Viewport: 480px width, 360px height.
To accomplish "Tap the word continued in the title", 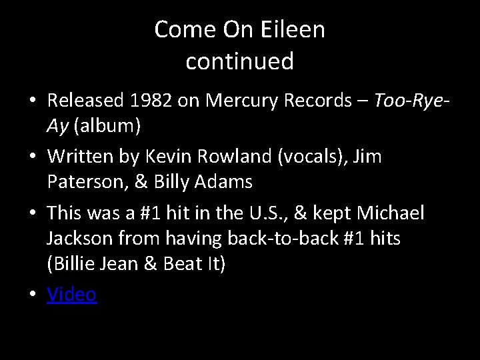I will coord(240,61).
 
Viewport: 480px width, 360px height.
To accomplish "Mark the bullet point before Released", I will coord(33,101).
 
